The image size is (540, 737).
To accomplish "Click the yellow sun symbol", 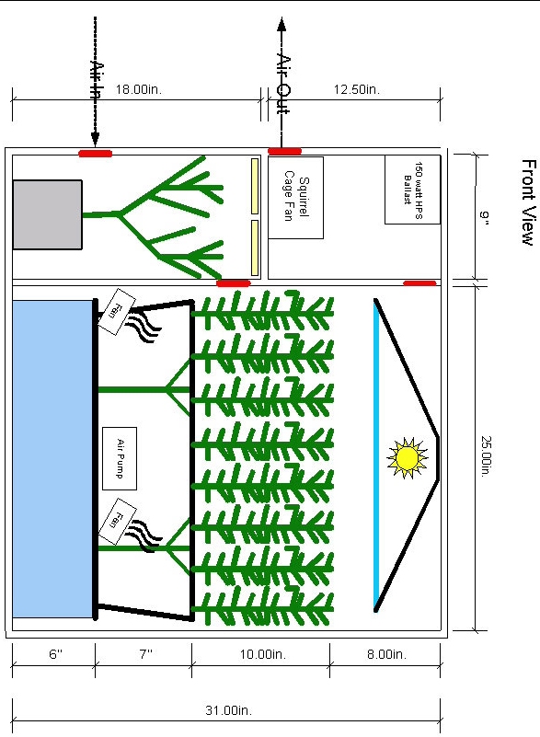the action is click(407, 458).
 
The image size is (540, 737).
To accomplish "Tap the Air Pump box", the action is click(120, 458).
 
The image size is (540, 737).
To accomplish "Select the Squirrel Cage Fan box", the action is click(295, 198).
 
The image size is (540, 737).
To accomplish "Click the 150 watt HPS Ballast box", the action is click(412, 190).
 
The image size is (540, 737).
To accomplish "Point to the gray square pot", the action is click(48, 214).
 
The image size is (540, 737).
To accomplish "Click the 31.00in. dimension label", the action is click(229, 710).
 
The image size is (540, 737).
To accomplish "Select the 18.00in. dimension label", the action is click(139, 89).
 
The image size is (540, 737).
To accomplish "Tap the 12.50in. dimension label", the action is click(357, 89).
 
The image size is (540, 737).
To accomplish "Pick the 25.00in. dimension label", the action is click(486, 456).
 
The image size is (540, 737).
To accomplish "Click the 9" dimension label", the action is click(485, 218).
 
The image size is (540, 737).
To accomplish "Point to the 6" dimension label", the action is click(55, 654).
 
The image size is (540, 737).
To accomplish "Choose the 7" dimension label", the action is click(146, 654).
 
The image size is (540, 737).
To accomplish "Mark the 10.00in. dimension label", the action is click(263, 654).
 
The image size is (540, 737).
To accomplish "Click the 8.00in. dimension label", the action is click(386, 654).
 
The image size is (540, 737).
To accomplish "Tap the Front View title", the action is click(529, 202).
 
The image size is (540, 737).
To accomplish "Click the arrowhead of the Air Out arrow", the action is click(281, 25).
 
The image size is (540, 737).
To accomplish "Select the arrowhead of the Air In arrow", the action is click(95, 139).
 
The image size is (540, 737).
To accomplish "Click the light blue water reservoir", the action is click(52, 459).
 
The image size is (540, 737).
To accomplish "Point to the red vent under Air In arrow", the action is click(96, 154).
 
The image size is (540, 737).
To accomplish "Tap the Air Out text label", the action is click(283, 85).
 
